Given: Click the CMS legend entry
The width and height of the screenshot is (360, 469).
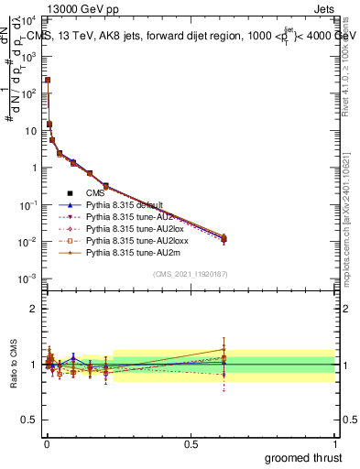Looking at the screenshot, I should [96, 193].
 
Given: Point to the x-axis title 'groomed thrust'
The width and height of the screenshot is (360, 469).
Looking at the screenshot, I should [303, 457].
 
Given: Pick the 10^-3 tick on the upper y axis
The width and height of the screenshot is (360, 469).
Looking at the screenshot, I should [30, 278].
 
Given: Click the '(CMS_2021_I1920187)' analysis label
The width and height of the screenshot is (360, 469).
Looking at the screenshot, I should [190, 275].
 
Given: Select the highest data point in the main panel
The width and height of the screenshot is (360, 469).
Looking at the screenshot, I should [48, 80].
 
